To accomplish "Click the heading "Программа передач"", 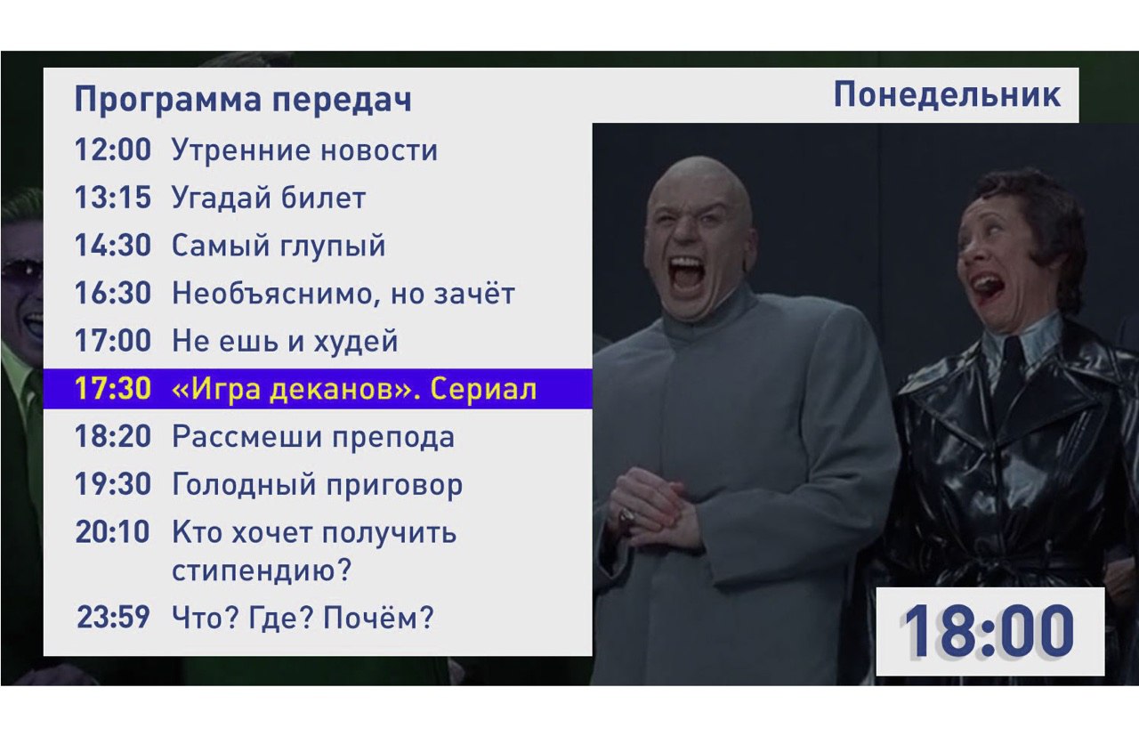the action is click(x=243, y=99).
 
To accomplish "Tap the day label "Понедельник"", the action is click(x=948, y=95).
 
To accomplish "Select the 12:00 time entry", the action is click(x=113, y=150).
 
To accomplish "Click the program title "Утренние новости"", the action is click(x=304, y=150).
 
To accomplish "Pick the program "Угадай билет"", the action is click(x=269, y=198).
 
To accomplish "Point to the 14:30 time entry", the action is click(x=113, y=245).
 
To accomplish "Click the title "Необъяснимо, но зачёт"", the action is click(x=343, y=293).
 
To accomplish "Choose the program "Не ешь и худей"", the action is click(x=285, y=341).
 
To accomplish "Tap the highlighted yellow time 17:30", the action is click(x=113, y=389).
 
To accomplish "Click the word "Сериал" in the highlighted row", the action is click(x=483, y=390).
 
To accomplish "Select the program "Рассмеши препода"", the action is click(x=313, y=437).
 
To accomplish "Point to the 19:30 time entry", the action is click(x=113, y=484).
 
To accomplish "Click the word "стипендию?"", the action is click(x=262, y=570).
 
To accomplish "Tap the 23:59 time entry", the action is click(x=113, y=617).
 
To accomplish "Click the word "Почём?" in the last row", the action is click(x=379, y=618).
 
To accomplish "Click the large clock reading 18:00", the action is click(x=989, y=631).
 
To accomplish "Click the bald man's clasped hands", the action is click(x=656, y=509).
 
